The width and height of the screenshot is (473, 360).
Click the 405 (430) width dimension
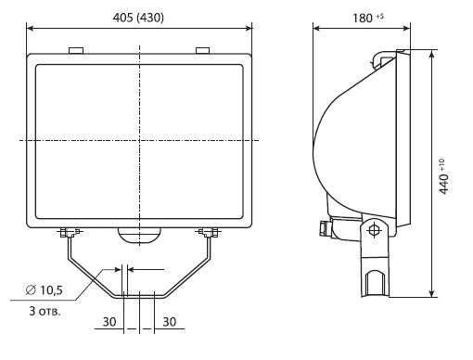(138, 18)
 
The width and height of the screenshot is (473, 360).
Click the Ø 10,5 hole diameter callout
(45, 290)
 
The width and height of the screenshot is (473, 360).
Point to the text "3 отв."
(45, 311)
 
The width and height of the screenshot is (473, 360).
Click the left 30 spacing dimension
(109, 322)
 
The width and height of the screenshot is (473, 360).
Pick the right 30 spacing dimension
(170, 322)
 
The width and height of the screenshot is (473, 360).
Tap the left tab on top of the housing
(76, 50)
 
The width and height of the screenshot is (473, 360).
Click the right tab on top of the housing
(203, 50)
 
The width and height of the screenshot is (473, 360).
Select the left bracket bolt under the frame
(70, 232)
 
